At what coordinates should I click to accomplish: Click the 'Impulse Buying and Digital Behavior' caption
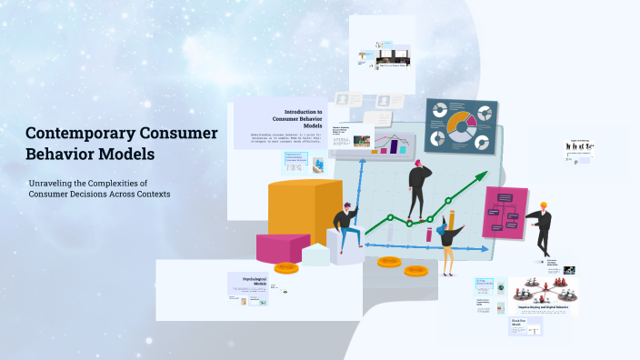[x=544, y=308]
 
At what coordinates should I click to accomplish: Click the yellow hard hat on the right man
[x=545, y=205]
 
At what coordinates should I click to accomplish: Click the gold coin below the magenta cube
[x=286, y=267]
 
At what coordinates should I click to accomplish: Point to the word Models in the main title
[x=127, y=154]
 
